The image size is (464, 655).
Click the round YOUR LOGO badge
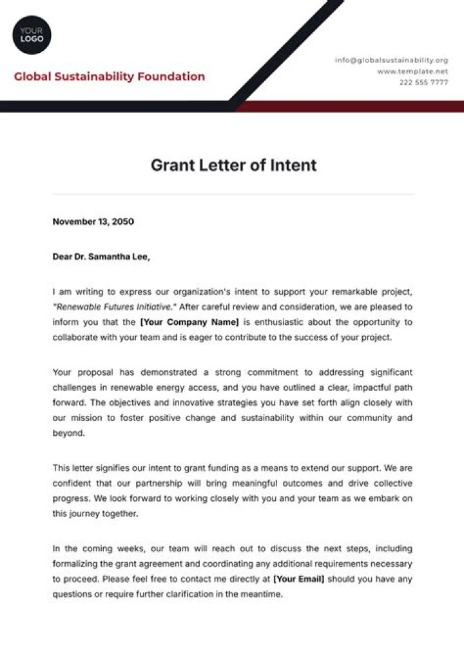(32, 35)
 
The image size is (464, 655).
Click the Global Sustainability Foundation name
(110, 77)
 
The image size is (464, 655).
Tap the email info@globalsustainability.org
(391, 60)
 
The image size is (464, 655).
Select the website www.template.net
(412, 71)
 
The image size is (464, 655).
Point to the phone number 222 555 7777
(423, 83)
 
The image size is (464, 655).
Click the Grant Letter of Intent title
(233, 165)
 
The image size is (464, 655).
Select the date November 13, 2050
(93, 222)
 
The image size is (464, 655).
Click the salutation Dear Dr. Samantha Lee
(101, 257)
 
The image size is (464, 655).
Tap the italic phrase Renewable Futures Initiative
(115, 307)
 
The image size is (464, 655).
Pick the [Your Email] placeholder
(298, 579)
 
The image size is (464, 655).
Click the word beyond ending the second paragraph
(68, 433)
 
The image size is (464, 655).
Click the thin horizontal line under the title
(233, 193)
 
